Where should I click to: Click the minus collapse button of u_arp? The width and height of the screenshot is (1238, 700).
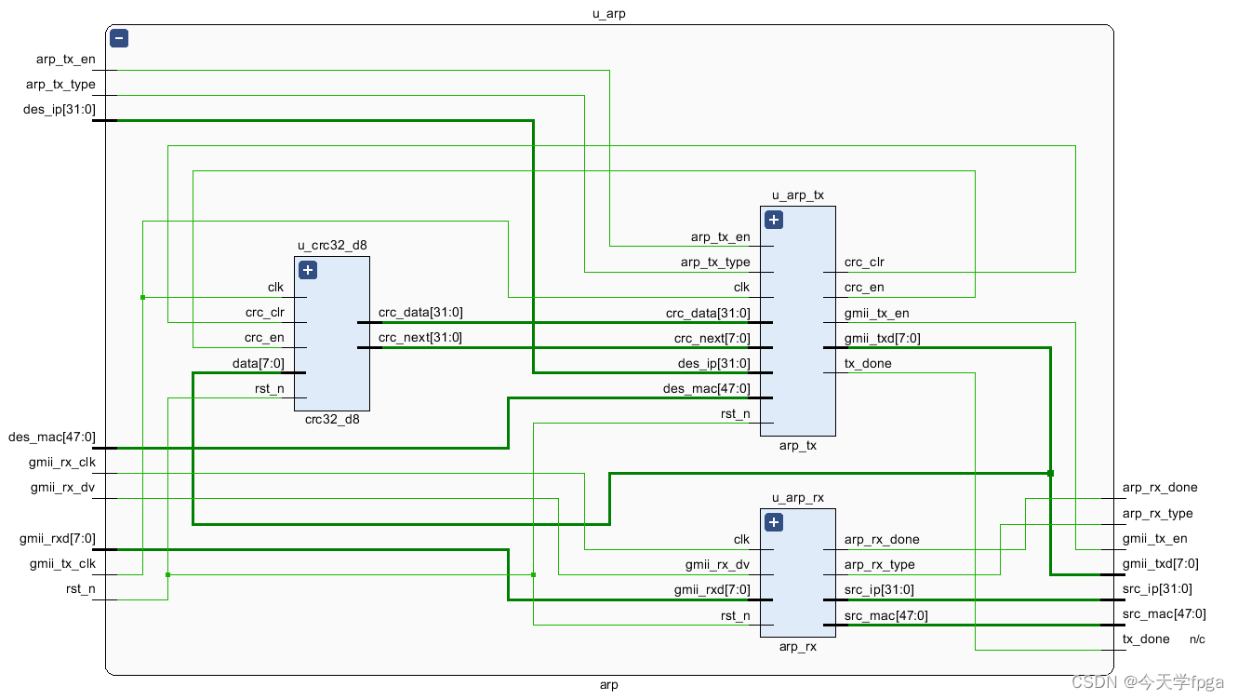tap(118, 38)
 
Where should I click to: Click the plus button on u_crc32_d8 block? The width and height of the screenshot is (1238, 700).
tap(308, 270)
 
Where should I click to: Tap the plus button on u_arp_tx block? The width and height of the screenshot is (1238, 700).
tap(773, 220)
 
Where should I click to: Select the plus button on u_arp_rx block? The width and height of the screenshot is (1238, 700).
tap(773, 522)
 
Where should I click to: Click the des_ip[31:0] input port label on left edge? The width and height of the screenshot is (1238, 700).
tap(59, 110)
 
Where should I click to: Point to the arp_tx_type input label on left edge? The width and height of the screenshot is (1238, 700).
tap(60, 85)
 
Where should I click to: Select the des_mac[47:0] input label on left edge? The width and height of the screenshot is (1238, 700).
tap(51, 437)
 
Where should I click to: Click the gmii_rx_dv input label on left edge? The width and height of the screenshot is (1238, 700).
tap(62, 487)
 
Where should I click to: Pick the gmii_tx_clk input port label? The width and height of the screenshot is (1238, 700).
tap(62, 563)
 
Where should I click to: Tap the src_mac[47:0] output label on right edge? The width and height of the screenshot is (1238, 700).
tap(1164, 613)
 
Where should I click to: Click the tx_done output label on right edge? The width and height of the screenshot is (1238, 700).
tap(1146, 639)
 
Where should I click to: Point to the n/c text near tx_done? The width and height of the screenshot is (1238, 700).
tap(1197, 639)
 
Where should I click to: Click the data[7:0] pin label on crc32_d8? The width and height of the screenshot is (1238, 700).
tap(258, 363)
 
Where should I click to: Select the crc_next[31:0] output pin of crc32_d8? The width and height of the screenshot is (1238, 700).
tap(419, 338)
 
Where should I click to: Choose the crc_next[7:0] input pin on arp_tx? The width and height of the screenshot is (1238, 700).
tap(712, 338)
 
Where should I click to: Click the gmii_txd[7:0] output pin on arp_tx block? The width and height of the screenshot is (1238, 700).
tap(882, 338)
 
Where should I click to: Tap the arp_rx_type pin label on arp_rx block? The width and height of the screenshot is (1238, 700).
tap(879, 564)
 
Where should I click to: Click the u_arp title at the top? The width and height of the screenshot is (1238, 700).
tap(609, 14)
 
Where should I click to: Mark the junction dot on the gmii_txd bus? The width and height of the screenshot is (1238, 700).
tap(1050, 473)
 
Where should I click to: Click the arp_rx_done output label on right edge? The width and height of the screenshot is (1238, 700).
tap(1160, 487)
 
